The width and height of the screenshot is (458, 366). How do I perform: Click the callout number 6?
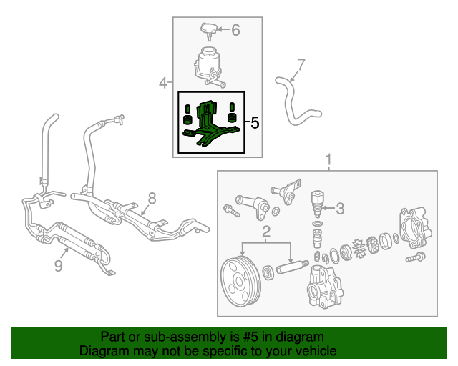(x=235, y=30)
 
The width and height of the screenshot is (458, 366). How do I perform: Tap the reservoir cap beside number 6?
(x=209, y=31)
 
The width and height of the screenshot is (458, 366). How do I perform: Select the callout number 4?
(x=163, y=83)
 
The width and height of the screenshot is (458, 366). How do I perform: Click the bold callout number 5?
(x=255, y=123)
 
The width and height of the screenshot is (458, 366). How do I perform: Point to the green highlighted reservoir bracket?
(x=211, y=124)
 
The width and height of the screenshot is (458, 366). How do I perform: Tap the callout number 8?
(x=152, y=199)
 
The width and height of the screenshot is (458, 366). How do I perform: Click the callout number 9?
(x=59, y=266)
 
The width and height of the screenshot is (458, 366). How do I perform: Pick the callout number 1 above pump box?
(x=329, y=159)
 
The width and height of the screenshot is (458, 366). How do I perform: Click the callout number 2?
(x=266, y=232)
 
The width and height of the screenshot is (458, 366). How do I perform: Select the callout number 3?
(x=340, y=209)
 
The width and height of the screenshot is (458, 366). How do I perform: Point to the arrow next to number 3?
(x=328, y=208)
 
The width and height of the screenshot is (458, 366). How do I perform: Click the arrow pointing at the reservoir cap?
(x=224, y=29)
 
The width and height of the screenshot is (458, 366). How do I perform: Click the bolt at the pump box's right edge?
(x=416, y=258)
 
